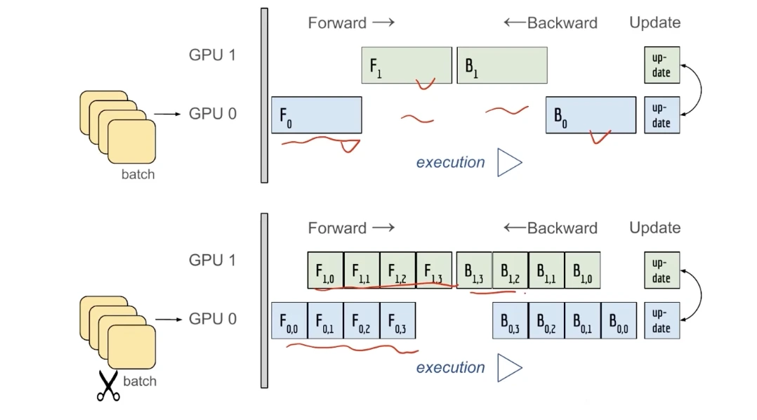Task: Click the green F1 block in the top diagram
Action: click(x=407, y=65)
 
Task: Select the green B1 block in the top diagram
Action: click(x=502, y=65)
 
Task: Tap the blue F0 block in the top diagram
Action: click(x=317, y=115)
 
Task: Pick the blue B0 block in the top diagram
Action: click(x=591, y=115)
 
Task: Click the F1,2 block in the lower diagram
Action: click(x=397, y=270)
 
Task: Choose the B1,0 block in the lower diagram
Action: click(x=582, y=270)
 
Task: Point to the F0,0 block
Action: click(x=289, y=321)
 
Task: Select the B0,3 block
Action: click(x=510, y=321)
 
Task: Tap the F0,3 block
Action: click(x=397, y=321)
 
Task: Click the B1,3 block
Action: click(x=474, y=270)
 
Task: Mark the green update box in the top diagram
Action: click(x=661, y=65)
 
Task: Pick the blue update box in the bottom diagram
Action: click(x=661, y=321)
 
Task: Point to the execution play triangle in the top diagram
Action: click(x=509, y=162)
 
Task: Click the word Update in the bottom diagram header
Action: click(x=654, y=228)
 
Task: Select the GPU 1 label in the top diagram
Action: click(x=212, y=55)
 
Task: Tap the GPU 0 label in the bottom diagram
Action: click(x=212, y=319)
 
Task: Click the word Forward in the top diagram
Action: click(x=337, y=22)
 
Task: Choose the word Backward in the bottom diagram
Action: click(x=562, y=228)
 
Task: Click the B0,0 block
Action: click(x=619, y=321)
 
